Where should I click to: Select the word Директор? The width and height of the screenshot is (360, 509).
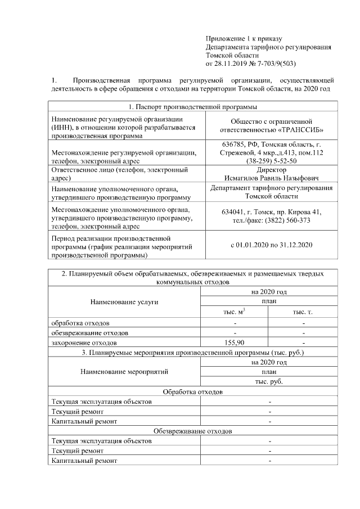pyautogui.click(x=272, y=169)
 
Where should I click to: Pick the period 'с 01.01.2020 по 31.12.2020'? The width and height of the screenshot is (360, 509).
pyautogui.click(x=272, y=245)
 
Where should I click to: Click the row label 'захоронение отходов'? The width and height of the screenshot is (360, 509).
pyautogui.click(x=84, y=342)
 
